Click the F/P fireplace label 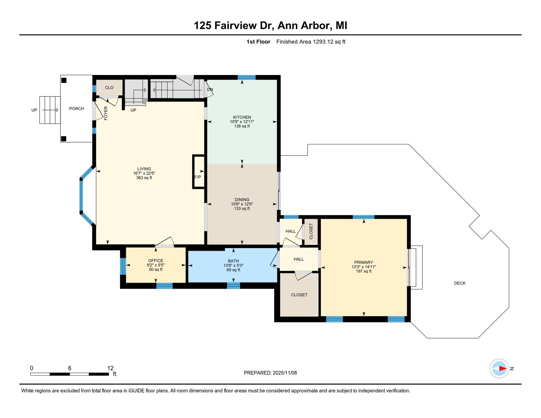click(x=198, y=177)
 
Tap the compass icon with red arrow click(x=499, y=368)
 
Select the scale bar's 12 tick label click(x=110, y=368)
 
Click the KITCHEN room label click(x=242, y=117)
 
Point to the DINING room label click(x=242, y=200)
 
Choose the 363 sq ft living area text click(x=144, y=178)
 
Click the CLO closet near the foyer click(x=109, y=88)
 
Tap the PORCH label click(x=77, y=109)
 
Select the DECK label click(x=460, y=283)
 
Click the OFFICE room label click(x=156, y=261)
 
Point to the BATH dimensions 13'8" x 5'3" click(x=234, y=266)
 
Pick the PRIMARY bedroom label click(x=364, y=262)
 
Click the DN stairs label click(x=210, y=90)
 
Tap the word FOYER click(x=106, y=113)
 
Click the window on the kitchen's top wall click(x=246, y=77)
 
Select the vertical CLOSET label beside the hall click(x=311, y=231)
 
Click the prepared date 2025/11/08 click(x=285, y=373)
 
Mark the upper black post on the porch click(x=64, y=80)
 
